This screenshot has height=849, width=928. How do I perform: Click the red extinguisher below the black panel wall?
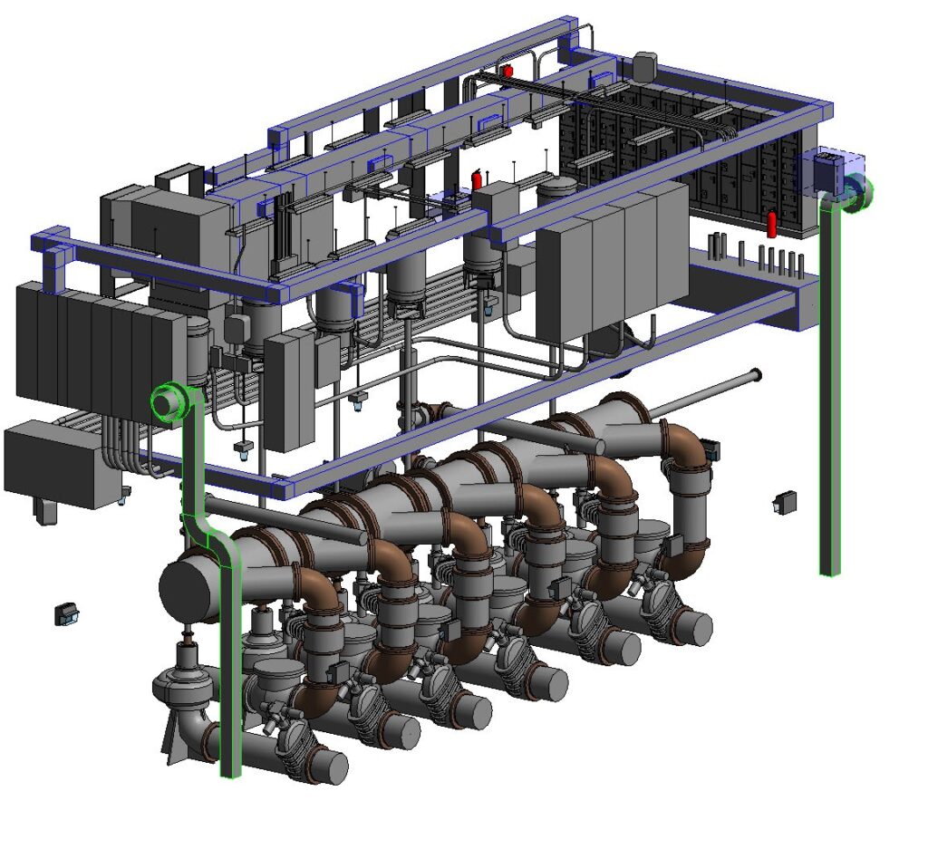point(772,223)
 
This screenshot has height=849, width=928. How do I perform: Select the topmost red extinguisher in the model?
point(507,70)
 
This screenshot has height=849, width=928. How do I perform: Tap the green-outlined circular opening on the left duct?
point(167,400)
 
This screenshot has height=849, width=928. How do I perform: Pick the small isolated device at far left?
point(66,613)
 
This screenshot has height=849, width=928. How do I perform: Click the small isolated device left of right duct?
point(784,502)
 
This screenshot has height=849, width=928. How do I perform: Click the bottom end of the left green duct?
point(231,772)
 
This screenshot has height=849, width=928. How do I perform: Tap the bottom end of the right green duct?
point(829,570)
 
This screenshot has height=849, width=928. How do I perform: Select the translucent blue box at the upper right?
point(831,169)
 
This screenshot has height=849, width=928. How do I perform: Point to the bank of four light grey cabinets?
point(612,258)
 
